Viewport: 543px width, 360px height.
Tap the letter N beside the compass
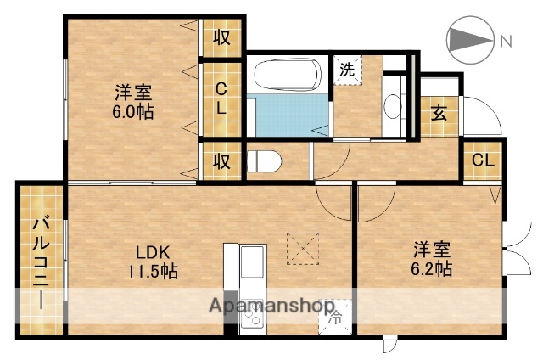click(x=506, y=39)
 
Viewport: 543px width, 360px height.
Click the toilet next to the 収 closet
click(x=264, y=160)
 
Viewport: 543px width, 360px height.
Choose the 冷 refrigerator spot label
click(x=334, y=319)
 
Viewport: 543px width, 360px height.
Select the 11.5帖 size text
click(x=153, y=272)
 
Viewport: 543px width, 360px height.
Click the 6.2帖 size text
click(x=432, y=269)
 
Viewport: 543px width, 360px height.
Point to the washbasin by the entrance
click(x=393, y=106)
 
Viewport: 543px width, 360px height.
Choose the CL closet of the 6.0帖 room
click(x=220, y=98)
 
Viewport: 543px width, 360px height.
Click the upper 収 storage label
click(x=222, y=37)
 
